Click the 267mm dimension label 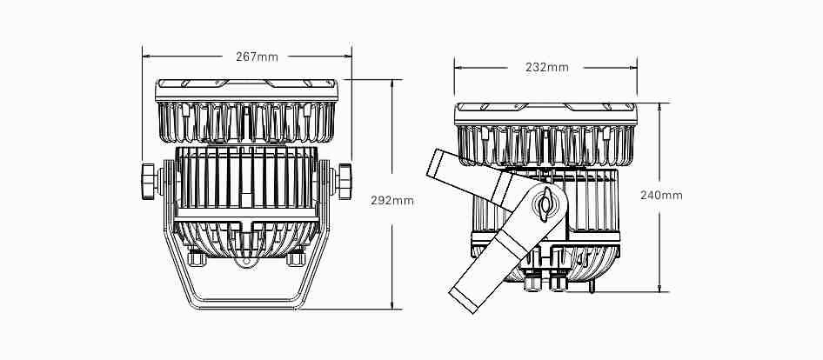tap(257, 57)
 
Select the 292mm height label tap(392, 201)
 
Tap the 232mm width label tap(547, 68)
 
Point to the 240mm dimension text tap(661, 196)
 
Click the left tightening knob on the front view tap(149, 182)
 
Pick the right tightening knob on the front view tap(345, 182)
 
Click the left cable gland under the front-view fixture tap(197, 259)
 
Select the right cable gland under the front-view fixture tap(296, 259)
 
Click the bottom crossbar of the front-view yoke tap(246, 303)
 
